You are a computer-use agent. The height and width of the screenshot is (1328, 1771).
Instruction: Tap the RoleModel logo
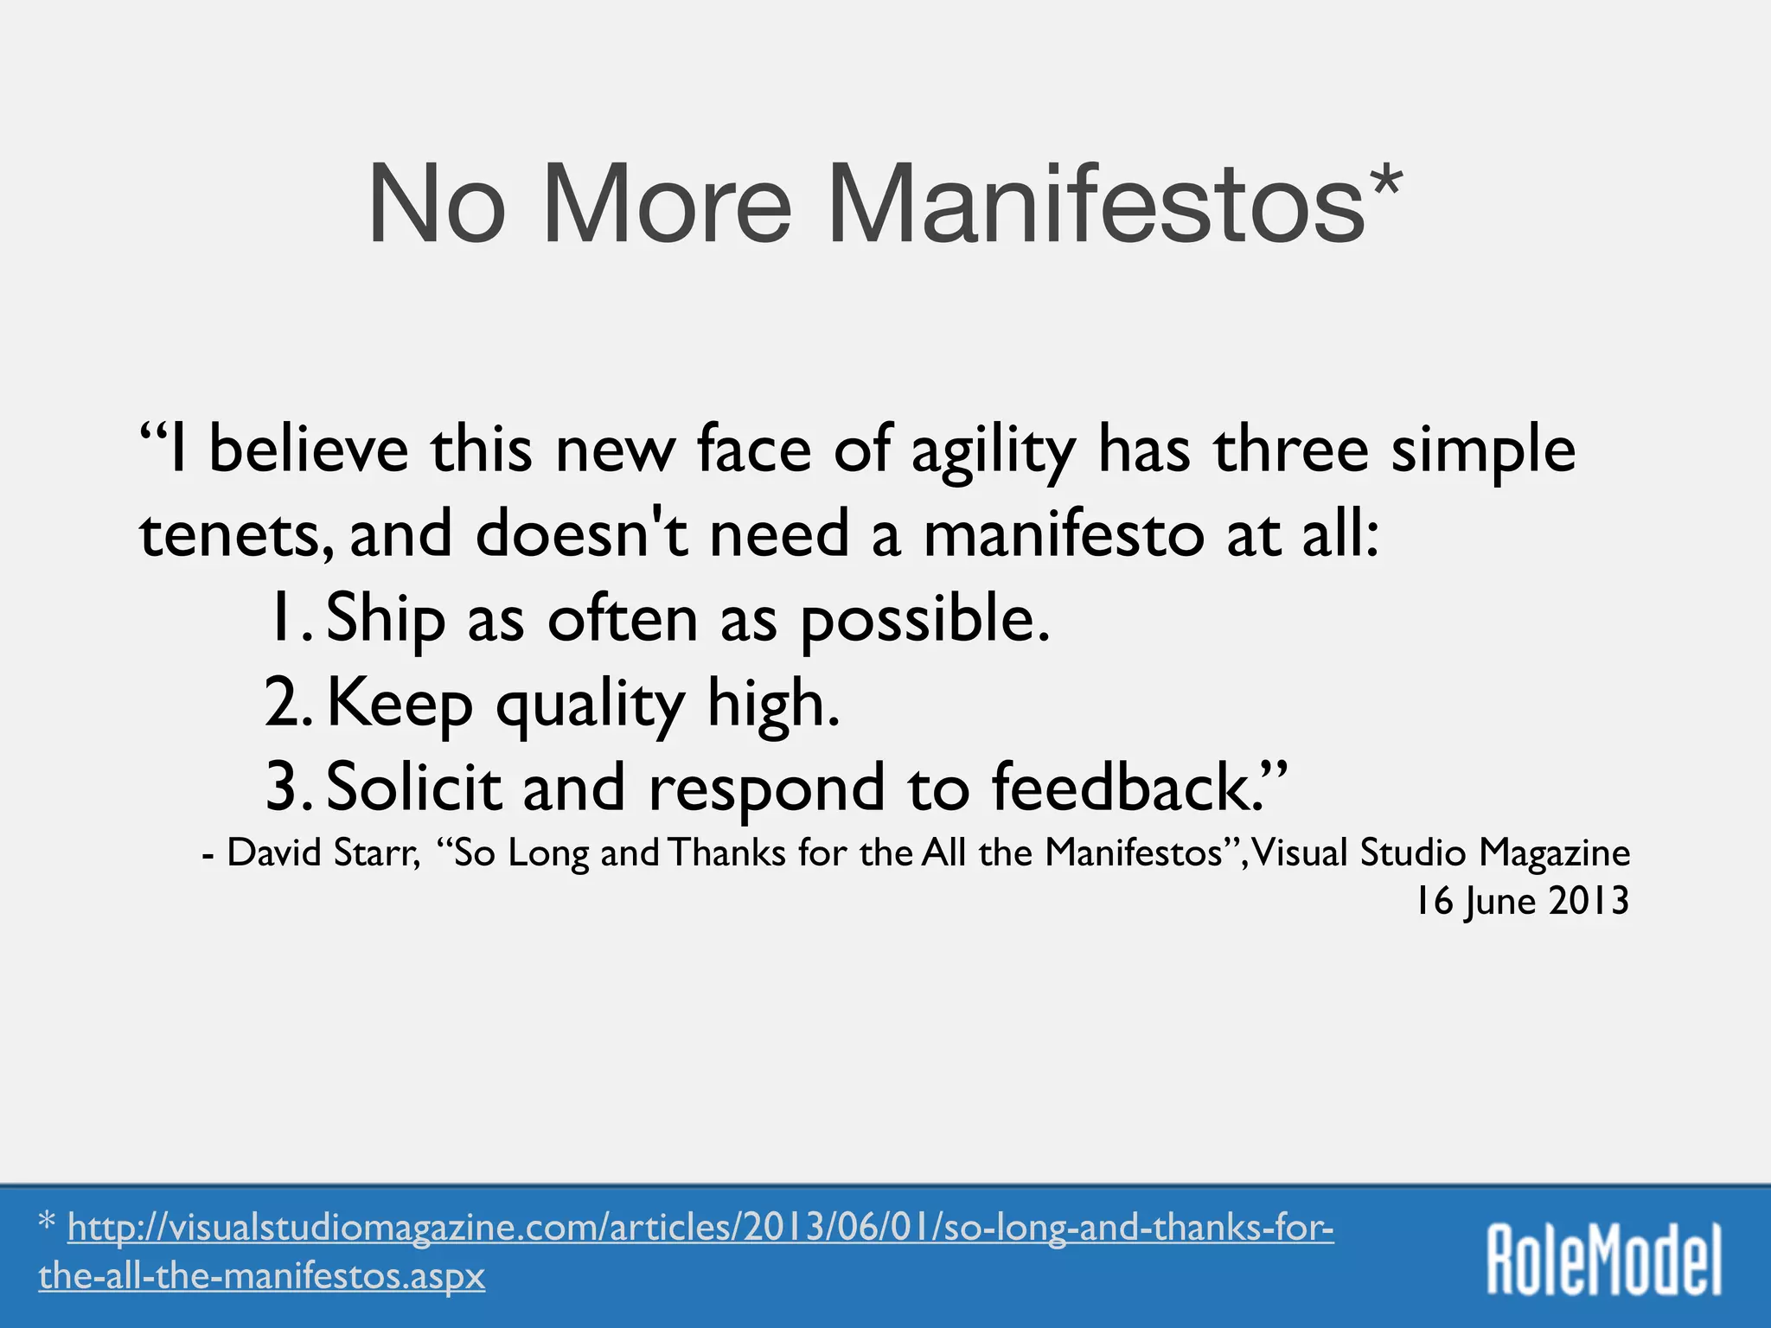(1603, 1259)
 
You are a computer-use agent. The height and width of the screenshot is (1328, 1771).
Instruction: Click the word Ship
(386, 619)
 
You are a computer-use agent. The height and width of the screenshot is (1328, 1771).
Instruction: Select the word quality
(590, 705)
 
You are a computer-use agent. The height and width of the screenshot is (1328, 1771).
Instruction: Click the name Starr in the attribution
(383, 852)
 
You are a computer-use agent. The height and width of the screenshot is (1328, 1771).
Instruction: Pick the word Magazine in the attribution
(1554, 854)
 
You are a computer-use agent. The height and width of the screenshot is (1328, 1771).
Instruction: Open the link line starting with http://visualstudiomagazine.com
(700, 1228)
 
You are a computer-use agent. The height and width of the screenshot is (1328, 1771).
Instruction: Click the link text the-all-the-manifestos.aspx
(261, 1276)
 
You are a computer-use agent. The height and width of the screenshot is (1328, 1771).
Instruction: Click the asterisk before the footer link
(48, 1223)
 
